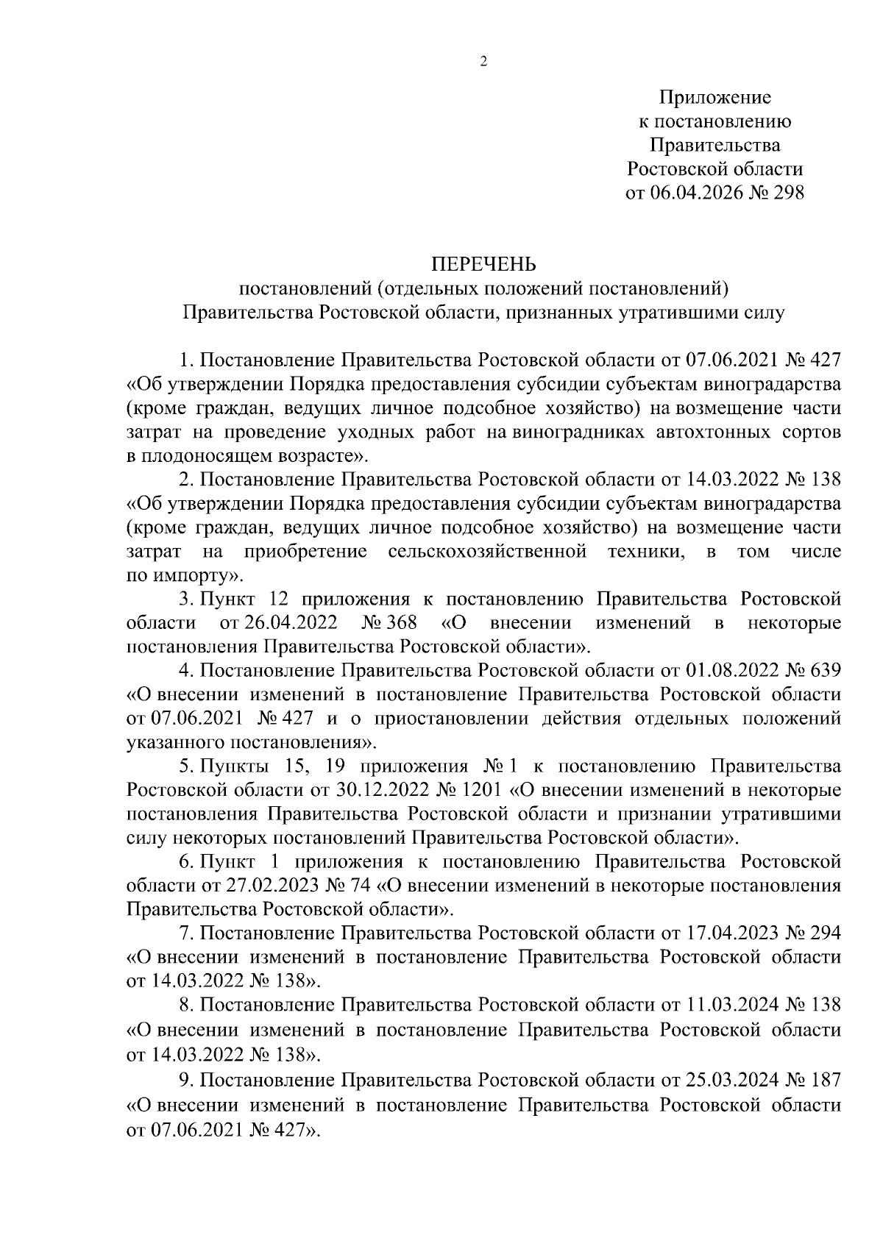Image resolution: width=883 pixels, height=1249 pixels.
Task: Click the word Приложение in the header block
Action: (714, 97)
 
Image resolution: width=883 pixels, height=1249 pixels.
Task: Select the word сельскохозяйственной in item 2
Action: (487, 551)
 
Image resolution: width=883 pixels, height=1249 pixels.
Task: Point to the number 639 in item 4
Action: (823, 670)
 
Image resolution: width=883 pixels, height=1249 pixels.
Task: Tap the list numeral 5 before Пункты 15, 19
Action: (185, 766)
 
